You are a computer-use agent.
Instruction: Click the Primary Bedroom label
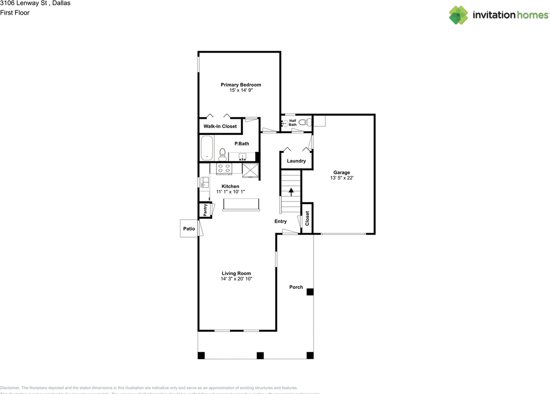tap(241, 85)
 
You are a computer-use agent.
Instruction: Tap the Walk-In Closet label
tap(220, 126)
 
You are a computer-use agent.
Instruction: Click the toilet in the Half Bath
tap(303, 122)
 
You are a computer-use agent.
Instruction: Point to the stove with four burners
tap(223, 168)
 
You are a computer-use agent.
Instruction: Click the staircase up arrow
tap(291, 191)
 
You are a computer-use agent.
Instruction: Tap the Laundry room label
tap(296, 161)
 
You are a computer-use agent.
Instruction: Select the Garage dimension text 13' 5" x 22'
tap(342, 178)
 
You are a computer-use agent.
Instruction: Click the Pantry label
tap(205, 210)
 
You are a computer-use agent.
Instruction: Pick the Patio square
tap(189, 229)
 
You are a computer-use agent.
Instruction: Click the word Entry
tap(281, 221)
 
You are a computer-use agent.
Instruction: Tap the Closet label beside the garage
tap(307, 219)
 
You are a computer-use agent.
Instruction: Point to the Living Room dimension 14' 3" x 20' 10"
tap(236, 279)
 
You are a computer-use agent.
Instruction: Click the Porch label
tap(296, 287)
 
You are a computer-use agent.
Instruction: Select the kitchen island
tap(241, 205)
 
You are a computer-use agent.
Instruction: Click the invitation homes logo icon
tap(458, 15)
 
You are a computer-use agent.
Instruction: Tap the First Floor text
tap(15, 13)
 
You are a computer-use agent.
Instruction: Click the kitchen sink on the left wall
tap(205, 182)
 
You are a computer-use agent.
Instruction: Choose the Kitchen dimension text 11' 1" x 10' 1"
tap(230, 192)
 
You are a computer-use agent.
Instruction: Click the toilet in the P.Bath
tap(222, 153)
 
